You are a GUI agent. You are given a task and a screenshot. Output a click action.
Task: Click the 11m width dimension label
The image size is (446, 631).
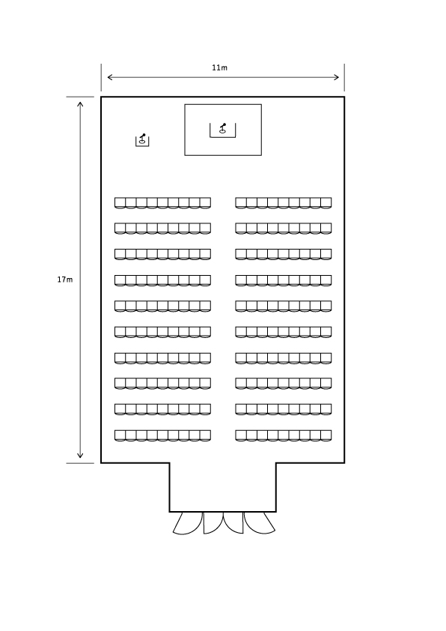(x=219, y=67)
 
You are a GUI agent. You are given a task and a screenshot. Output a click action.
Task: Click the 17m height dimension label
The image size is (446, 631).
(x=64, y=280)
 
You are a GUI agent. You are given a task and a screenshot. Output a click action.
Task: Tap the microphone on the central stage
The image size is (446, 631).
(x=222, y=128)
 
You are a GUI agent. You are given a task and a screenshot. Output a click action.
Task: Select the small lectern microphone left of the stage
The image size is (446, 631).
(x=142, y=139)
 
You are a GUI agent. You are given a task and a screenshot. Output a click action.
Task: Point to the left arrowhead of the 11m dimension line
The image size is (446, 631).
(x=110, y=77)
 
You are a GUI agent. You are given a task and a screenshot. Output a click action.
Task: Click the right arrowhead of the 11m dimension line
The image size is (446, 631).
(x=336, y=77)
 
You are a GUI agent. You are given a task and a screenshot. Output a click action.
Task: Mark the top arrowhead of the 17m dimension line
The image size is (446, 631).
(x=80, y=105)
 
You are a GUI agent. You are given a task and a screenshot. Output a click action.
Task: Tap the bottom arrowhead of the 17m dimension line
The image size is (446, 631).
(x=80, y=455)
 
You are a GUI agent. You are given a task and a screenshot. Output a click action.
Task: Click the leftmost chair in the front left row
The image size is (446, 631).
(x=120, y=203)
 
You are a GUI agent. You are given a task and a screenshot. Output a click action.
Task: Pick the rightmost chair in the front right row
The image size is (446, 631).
(x=326, y=203)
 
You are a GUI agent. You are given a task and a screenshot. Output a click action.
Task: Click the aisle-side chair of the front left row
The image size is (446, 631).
(x=205, y=203)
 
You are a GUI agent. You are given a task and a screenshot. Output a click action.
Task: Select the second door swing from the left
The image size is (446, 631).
(x=213, y=523)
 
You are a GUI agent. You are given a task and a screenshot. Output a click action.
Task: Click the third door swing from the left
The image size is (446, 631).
(x=233, y=523)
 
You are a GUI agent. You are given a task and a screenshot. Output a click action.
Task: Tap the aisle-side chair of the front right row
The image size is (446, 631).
(x=241, y=203)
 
